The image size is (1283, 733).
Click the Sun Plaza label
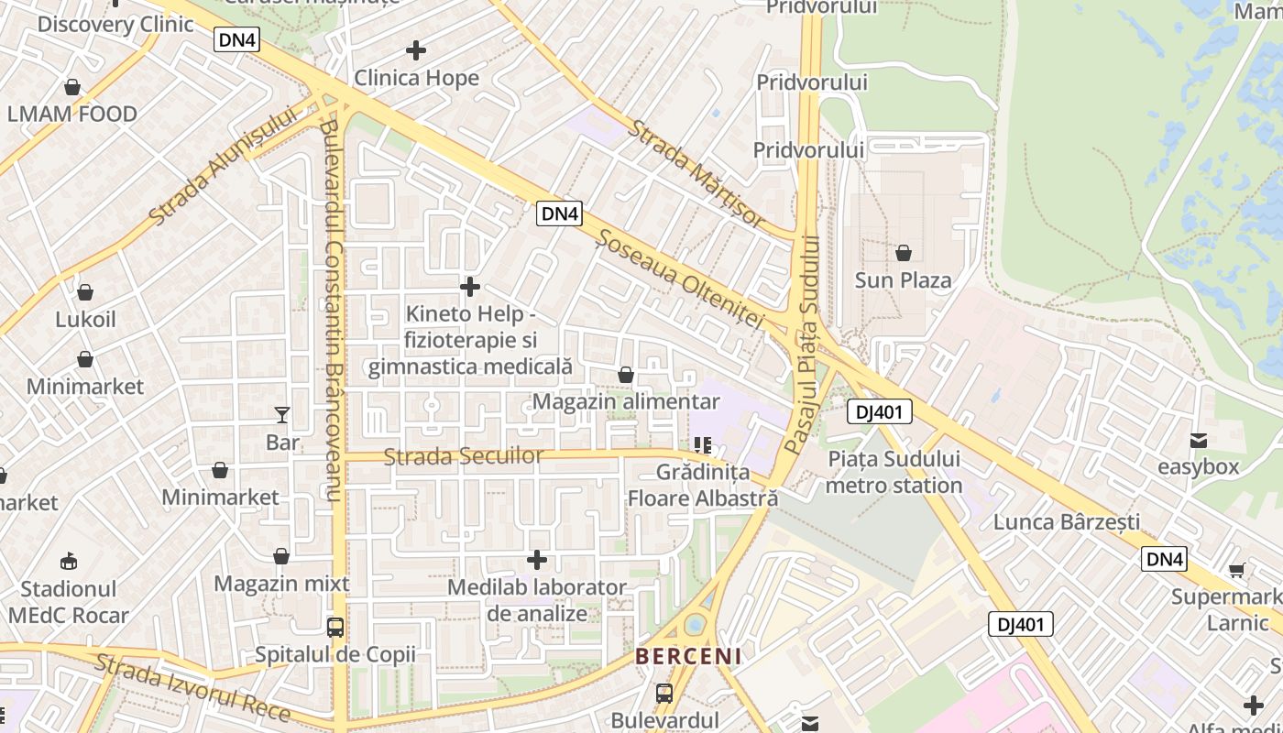pyautogui.click(x=903, y=280)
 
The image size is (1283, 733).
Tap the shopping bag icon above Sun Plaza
pyautogui.click(x=904, y=253)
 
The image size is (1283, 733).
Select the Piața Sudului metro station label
pyautogui.click(x=894, y=472)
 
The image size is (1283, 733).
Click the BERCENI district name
pyautogui.click(x=688, y=657)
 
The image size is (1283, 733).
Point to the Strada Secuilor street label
pyautogui.click(x=463, y=455)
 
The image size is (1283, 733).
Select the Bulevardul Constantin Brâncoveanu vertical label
pyautogui.click(x=332, y=312)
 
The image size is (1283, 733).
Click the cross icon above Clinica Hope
pyautogui.click(x=416, y=50)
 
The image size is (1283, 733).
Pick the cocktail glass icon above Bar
pyautogui.click(x=282, y=415)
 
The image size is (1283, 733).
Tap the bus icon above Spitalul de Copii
pyautogui.click(x=335, y=628)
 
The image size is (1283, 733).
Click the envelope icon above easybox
pyautogui.click(x=1198, y=441)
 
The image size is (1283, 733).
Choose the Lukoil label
pyautogui.click(x=85, y=320)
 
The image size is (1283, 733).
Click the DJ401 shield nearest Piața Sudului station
pyautogui.click(x=879, y=412)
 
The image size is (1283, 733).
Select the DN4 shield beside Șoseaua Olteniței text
pyautogui.click(x=559, y=213)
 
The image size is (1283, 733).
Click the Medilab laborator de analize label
pyautogui.click(x=537, y=600)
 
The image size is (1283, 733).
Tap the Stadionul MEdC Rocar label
pyautogui.click(x=69, y=602)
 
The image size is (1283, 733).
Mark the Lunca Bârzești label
pyautogui.click(x=1067, y=522)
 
